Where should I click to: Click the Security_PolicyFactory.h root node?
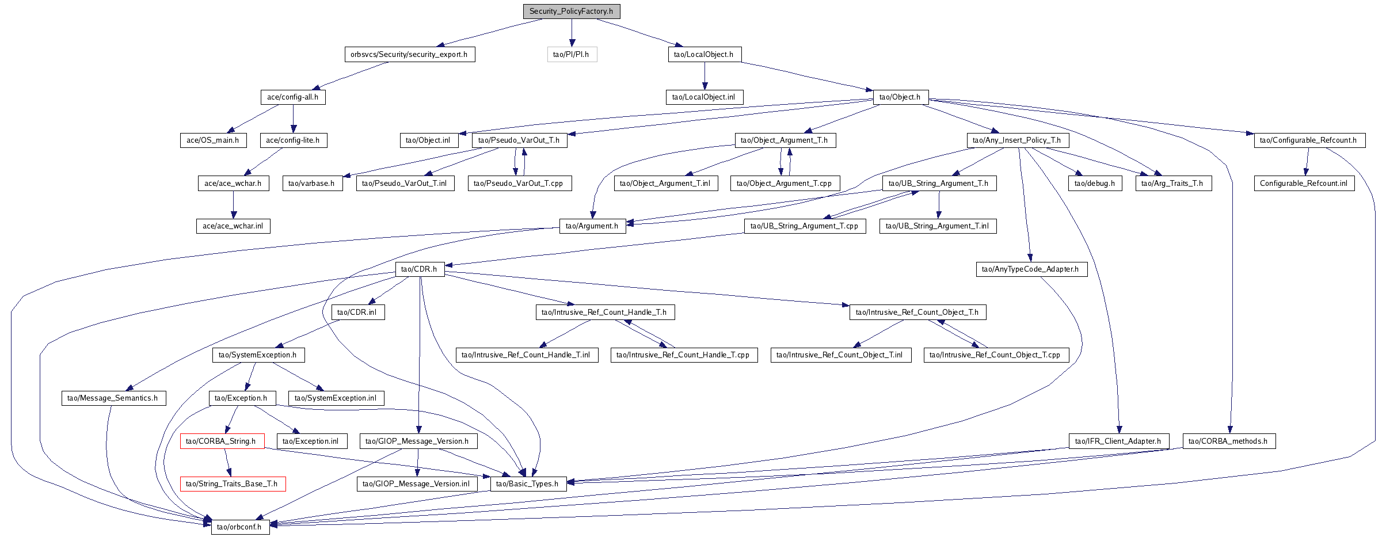point(572,12)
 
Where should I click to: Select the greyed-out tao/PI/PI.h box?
point(572,55)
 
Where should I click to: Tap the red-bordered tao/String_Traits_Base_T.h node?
point(233,484)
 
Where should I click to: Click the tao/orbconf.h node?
point(240,527)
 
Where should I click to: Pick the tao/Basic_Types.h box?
point(528,484)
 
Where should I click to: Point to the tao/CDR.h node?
point(420,269)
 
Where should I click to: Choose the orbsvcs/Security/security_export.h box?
point(410,55)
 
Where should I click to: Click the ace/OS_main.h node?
point(213,140)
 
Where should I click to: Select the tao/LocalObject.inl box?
point(705,97)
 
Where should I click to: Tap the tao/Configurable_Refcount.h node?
point(1309,140)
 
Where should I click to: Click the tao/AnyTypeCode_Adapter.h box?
point(1031,269)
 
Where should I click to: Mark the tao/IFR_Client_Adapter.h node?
point(1119,441)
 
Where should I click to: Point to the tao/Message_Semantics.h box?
point(113,398)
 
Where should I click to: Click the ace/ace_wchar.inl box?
point(233,226)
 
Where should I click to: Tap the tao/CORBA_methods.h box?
point(1229,441)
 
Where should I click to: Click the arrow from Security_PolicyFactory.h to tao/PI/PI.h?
point(572,33)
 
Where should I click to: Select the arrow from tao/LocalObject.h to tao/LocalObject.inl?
point(705,76)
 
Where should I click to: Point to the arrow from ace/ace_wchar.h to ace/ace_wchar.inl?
point(233,205)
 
